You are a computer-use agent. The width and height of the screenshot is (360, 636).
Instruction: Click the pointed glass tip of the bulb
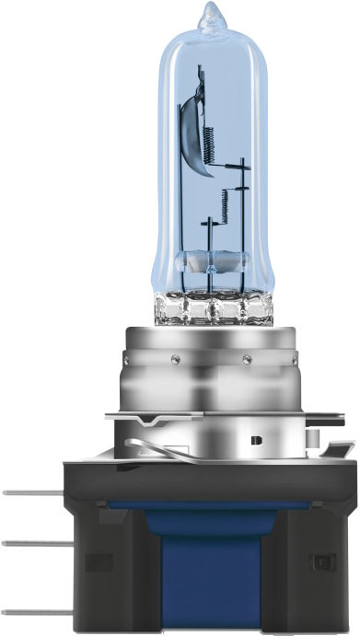213,15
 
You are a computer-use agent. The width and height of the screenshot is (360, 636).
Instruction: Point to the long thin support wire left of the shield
196,184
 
